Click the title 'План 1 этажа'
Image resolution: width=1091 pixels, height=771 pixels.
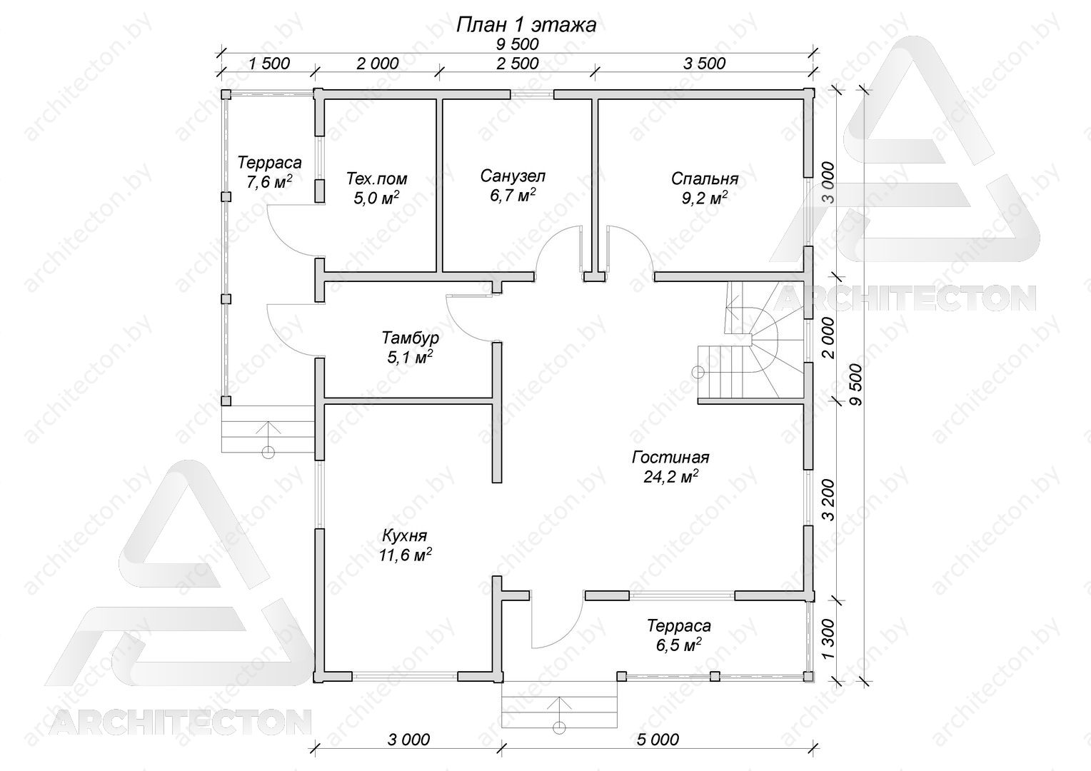click(x=526, y=25)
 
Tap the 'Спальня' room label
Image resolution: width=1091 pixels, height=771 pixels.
click(x=704, y=178)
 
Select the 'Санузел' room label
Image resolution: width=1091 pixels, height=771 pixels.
click(x=513, y=176)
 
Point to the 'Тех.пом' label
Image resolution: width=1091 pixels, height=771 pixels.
click(x=376, y=178)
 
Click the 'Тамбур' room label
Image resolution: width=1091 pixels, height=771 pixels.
click(x=410, y=338)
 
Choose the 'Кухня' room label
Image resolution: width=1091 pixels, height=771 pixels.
click(x=404, y=535)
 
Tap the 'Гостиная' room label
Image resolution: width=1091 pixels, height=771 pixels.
click(x=670, y=458)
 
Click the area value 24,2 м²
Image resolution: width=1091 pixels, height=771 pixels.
click(x=670, y=477)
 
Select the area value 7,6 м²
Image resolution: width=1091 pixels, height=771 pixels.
click(x=269, y=181)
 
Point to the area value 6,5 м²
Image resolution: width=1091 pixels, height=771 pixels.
click(x=678, y=645)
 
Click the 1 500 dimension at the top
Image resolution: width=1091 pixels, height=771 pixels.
click(x=269, y=64)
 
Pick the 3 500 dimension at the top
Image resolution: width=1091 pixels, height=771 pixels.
click(x=704, y=64)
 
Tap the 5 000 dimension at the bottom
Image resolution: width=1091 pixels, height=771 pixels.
click(x=658, y=740)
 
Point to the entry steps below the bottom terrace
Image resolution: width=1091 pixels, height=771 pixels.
click(x=560, y=705)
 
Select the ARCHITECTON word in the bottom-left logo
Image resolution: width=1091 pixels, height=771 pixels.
click(x=180, y=722)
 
